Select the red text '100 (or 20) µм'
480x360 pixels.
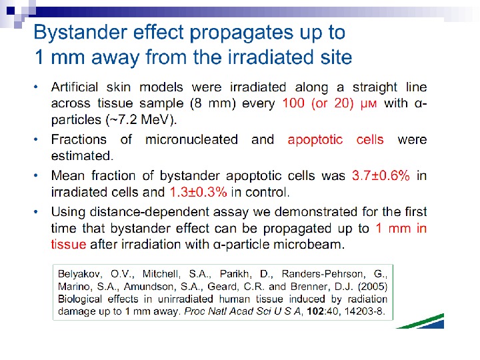click(330, 104)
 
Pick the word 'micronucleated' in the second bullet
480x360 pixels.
click(192, 139)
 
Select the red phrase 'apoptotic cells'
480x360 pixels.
click(335, 139)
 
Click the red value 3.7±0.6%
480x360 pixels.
click(380, 175)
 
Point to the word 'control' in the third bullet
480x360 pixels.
click(270, 192)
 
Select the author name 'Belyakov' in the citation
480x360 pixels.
click(80, 274)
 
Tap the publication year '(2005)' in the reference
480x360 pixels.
click(372, 287)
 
